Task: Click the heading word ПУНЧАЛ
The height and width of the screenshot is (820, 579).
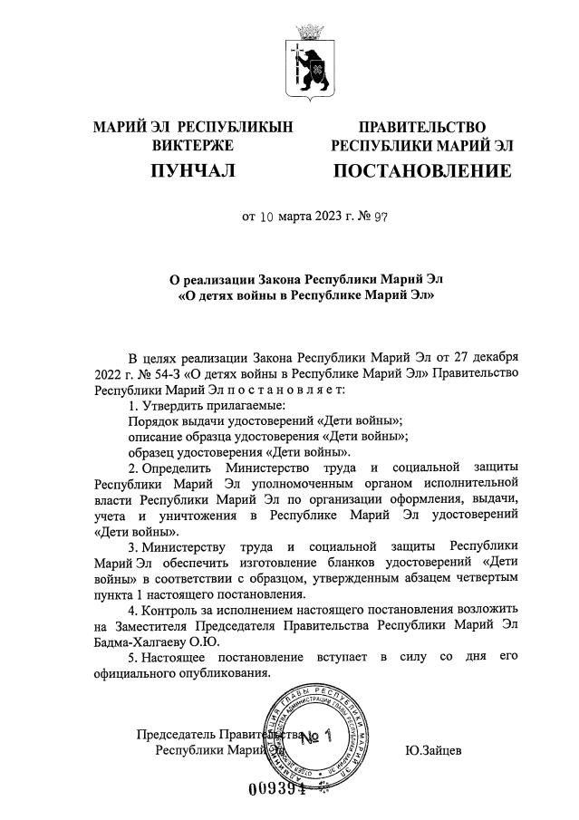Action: pos(192,170)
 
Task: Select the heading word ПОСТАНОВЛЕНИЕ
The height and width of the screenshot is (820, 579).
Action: pos(422,170)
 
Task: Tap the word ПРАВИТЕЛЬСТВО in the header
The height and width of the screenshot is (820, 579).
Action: pos(422,127)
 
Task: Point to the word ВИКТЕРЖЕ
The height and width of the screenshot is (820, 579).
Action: pos(193,145)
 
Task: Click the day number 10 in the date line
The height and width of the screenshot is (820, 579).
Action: pos(267,217)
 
